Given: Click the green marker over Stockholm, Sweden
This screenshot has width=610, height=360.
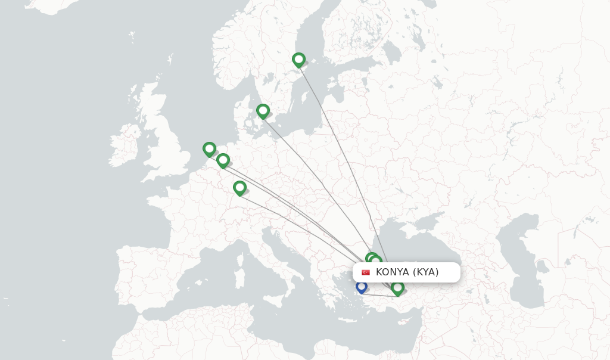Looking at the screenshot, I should pyautogui.click(x=298, y=60).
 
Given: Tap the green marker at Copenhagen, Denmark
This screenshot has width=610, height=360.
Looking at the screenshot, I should pyautogui.click(x=263, y=111).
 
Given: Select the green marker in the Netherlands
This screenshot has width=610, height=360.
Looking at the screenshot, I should pyautogui.click(x=209, y=149).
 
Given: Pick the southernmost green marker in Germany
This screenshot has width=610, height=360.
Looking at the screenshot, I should pyautogui.click(x=239, y=188).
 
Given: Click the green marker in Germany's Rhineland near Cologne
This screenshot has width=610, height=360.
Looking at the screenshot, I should pyautogui.click(x=223, y=160).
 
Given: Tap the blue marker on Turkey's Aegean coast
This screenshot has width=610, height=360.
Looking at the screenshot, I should pyautogui.click(x=361, y=287).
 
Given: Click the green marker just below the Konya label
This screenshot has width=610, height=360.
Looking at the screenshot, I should pyautogui.click(x=397, y=288).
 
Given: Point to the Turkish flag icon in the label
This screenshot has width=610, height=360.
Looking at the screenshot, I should pyautogui.click(x=366, y=272).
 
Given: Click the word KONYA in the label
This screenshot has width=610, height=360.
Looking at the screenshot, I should pyautogui.click(x=392, y=272).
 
